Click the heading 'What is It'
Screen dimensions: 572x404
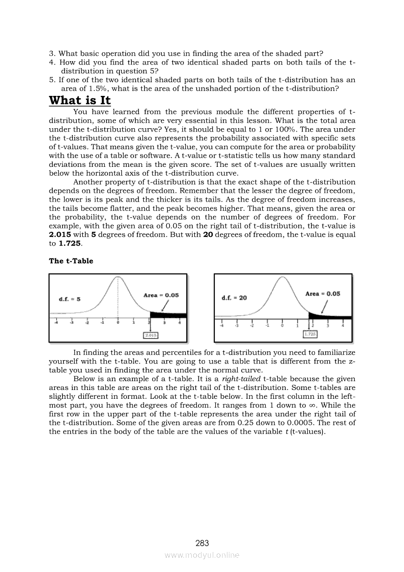pyautogui.click(x=80, y=100)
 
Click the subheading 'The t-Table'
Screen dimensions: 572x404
pyautogui.click(x=71, y=261)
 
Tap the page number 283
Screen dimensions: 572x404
pyautogui.click(x=202, y=543)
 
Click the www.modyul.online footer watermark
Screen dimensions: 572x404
pyautogui.click(x=202, y=555)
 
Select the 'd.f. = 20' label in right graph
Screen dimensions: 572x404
pyautogui.click(x=234, y=297)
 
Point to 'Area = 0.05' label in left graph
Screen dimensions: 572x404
pyautogui.click(x=161, y=295)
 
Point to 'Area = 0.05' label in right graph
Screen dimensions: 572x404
pyautogui.click(x=322, y=294)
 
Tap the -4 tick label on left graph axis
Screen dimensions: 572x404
pyautogui.click(x=56, y=323)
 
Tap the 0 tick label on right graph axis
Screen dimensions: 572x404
pyautogui.click(x=282, y=325)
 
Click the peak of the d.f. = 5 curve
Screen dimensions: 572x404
pyautogui.click(x=118, y=277)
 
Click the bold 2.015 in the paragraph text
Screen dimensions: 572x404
pyautogui.click(x=61, y=234)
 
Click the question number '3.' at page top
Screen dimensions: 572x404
pyautogui.click(x=52, y=53)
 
